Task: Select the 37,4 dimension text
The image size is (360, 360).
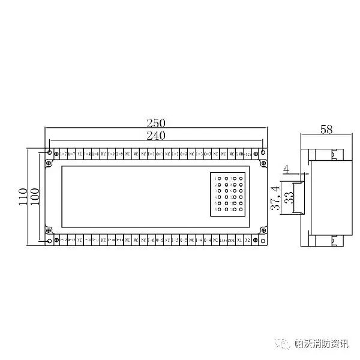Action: click(276, 197)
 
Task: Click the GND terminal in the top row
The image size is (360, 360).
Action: click(239, 154)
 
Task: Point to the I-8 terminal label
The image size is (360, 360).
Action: click(88, 154)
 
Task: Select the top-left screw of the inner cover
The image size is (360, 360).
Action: click(49, 163)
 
